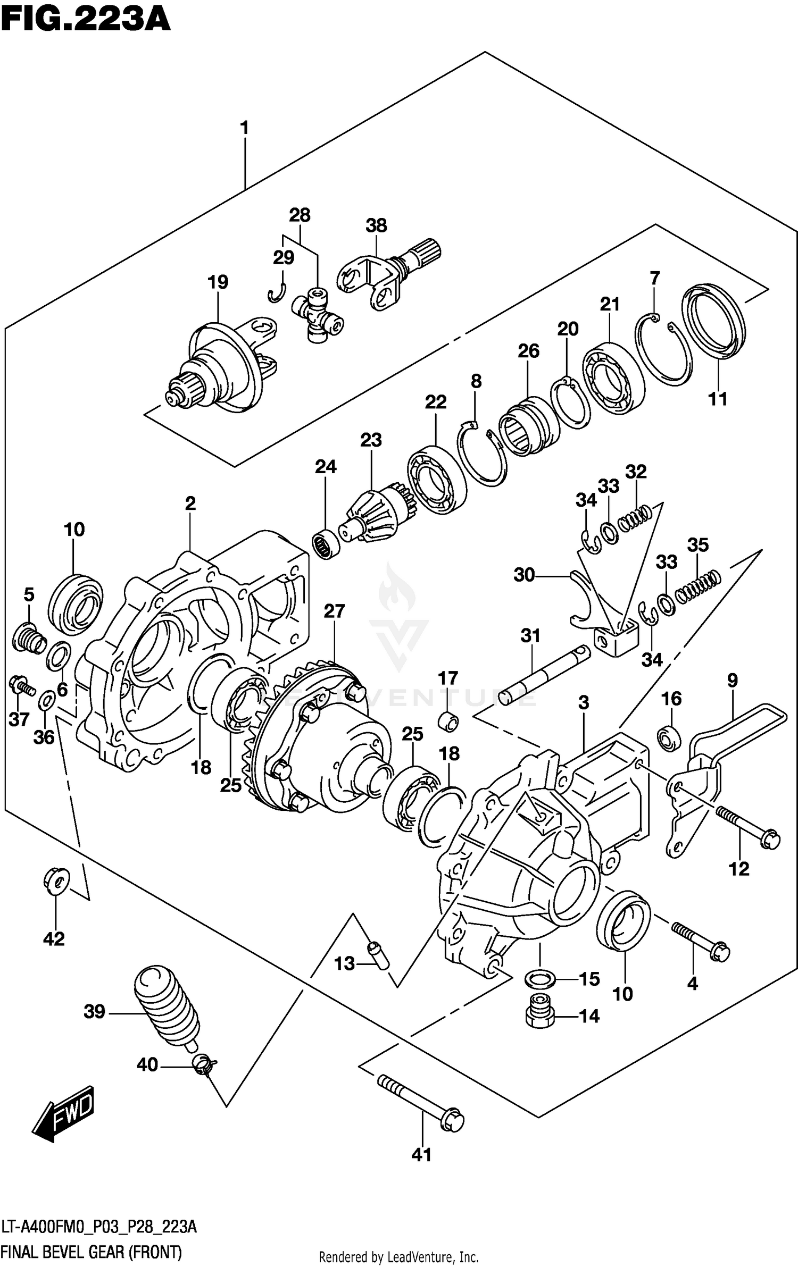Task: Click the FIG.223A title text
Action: pos(85,20)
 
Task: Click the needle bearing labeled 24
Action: pos(326,544)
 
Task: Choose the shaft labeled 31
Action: pos(545,675)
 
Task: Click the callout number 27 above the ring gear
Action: pos(334,611)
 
